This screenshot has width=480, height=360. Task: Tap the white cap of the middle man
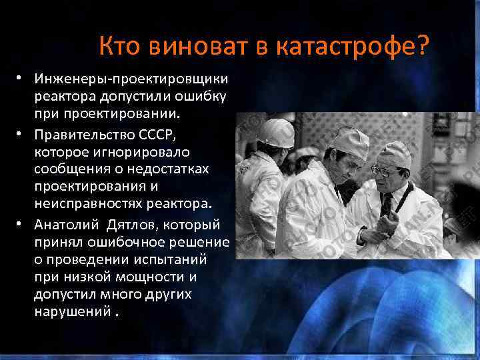349,140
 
